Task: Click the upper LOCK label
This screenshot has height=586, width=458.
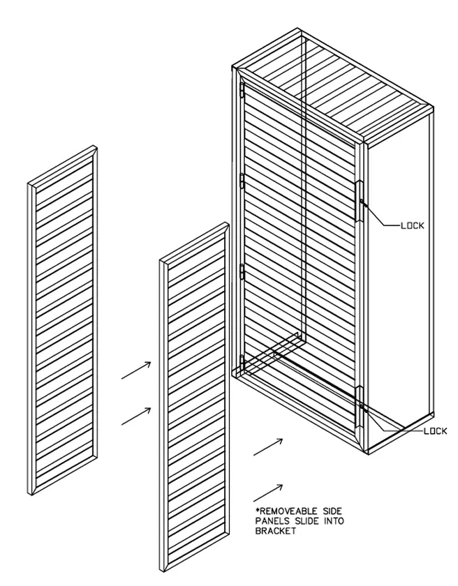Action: [x=411, y=226]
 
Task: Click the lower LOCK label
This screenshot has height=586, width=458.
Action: [x=435, y=431]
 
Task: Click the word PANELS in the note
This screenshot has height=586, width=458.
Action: [x=274, y=520]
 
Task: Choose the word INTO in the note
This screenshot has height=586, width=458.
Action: [x=333, y=520]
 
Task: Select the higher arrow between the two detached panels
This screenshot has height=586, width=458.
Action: [x=137, y=370]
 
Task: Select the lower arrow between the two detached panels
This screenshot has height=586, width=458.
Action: [x=137, y=416]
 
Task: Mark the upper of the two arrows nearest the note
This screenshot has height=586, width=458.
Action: [x=268, y=447]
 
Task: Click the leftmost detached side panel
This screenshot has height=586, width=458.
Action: [x=63, y=321]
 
